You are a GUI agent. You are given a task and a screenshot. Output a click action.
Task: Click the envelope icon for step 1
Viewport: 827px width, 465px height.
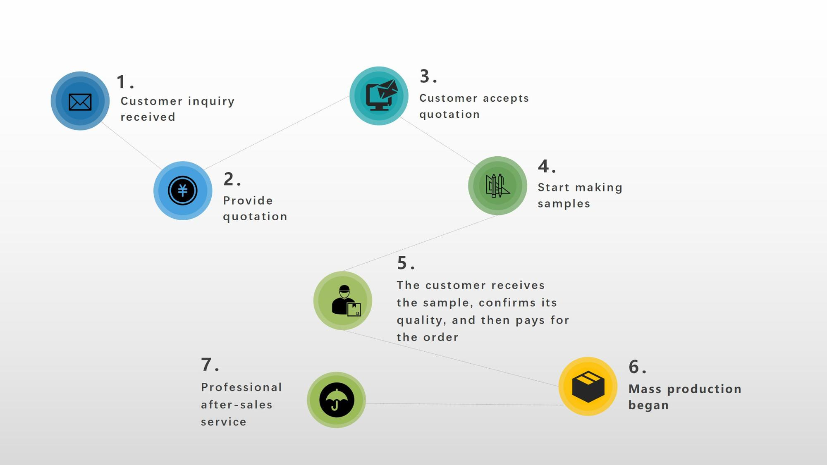(80, 102)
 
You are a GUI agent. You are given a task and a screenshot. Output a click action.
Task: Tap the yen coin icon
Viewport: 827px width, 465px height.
(183, 191)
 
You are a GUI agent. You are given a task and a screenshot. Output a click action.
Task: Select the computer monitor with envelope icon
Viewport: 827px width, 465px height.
(381, 95)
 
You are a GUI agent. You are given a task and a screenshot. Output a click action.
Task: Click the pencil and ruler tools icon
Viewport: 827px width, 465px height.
(497, 186)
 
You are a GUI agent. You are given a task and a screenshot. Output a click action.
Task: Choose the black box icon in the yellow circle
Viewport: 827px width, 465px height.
(588, 386)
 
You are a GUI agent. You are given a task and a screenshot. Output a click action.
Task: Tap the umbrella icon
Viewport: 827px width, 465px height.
(337, 400)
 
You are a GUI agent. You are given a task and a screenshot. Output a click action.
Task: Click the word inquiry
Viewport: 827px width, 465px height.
(211, 101)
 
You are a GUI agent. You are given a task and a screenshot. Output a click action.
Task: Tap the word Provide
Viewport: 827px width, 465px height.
(248, 200)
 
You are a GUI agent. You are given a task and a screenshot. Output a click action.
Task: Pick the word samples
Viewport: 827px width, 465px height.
(564, 204)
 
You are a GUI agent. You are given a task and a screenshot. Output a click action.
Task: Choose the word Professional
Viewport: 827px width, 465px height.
(241, 387)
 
